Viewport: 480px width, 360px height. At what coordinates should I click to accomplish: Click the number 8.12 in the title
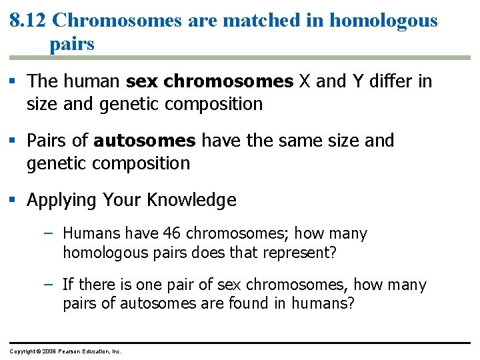click(x=28, y=20)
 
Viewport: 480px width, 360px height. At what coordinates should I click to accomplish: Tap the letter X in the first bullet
click(x=304, y=81)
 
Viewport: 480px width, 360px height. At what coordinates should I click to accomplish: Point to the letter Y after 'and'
click(x=354, y=81)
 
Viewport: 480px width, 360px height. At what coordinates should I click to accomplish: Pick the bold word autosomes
click(x=145, y=141)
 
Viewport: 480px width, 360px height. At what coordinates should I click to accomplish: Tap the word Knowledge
click(x=192, y=200)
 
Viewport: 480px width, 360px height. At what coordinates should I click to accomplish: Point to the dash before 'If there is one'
click(x=53, y=285)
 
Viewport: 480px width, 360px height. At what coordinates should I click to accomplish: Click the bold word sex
click(x=141, y=81)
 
